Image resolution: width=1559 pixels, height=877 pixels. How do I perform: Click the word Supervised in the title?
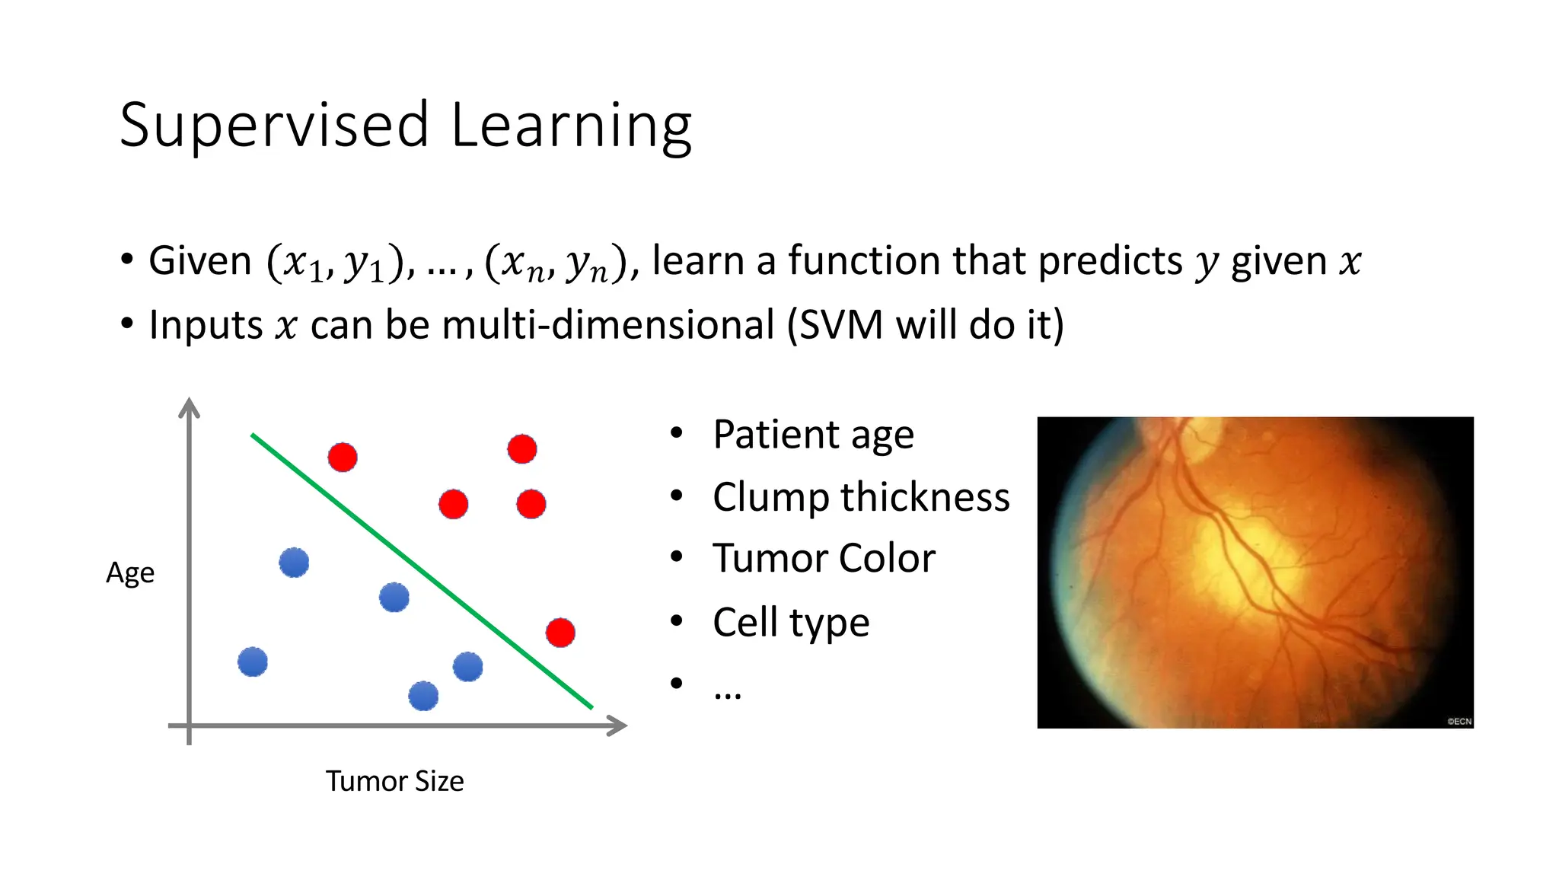pos(274,126)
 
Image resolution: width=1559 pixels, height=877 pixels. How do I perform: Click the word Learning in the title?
pos(571,126)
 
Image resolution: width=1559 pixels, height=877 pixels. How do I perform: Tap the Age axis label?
pos(130,572)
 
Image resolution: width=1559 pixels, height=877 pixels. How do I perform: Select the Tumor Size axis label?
pos(394,781)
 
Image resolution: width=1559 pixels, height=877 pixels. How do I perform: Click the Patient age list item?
pos(812,435)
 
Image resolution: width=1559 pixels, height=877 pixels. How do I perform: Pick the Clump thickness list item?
pos(860,497)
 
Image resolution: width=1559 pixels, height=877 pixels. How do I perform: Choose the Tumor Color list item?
pos(824,559)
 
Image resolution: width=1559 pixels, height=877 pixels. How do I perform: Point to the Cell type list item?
pos(790,623)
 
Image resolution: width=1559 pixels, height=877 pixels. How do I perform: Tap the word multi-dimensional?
pos(607,325)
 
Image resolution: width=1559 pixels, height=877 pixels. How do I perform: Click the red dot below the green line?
pos(560,633)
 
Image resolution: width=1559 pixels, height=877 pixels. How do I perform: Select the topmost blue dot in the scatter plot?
pos(294,563)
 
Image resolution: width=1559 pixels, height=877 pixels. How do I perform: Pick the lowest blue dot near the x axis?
pos(423,696)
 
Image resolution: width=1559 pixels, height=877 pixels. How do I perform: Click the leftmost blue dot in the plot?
pos(253,662)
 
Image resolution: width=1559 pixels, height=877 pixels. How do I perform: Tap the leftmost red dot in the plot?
pos(343,458)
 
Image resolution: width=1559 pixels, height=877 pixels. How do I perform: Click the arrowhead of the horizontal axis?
pos(618,726)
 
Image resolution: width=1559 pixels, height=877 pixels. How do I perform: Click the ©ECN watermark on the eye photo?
pos(1459,721)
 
